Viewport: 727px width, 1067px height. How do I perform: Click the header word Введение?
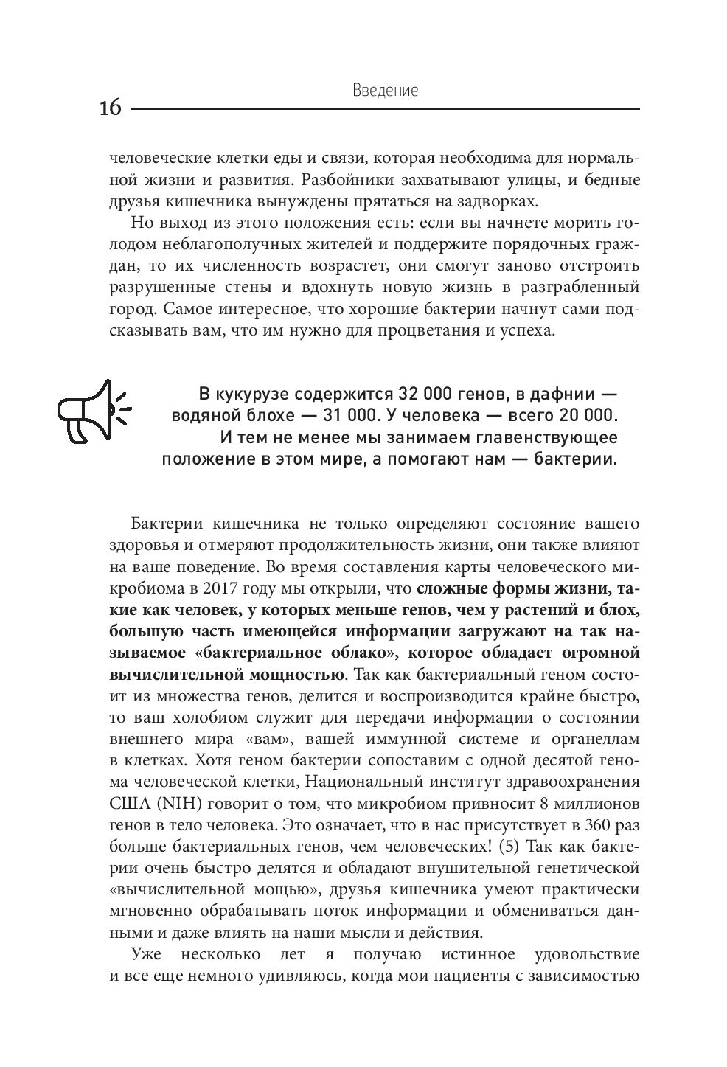coord(385,91)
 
